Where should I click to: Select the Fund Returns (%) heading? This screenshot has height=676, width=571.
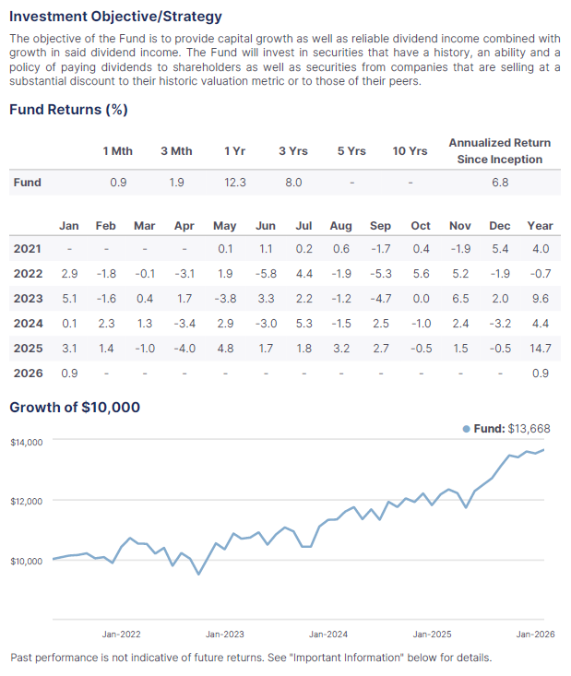click(x=68, y=110)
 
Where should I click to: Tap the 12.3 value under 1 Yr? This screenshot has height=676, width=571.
click(x=235, y=183)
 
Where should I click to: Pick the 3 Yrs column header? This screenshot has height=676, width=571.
click(x=293, y=150)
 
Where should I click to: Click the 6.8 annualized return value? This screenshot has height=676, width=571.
click(x=499, y=183)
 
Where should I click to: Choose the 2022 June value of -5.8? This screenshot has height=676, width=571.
click(x=265, y=274)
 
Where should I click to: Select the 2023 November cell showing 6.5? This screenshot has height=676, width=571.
click(x=459, y=299)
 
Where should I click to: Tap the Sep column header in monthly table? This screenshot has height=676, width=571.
click(x=380, y=225)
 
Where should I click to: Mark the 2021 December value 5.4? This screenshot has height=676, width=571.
click(x=499, y=249)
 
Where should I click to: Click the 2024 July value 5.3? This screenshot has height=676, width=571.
click(x=303, y=324)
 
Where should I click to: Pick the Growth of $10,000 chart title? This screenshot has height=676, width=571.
click(x=75, y=407)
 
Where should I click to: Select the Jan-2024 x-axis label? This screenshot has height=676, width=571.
click(x=328, y=634)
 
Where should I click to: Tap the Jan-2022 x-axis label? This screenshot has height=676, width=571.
click(x=121, y=634)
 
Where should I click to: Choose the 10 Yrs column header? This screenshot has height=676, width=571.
click(x=410, y=150)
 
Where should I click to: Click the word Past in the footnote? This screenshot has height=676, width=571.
click(x=24, y=658)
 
